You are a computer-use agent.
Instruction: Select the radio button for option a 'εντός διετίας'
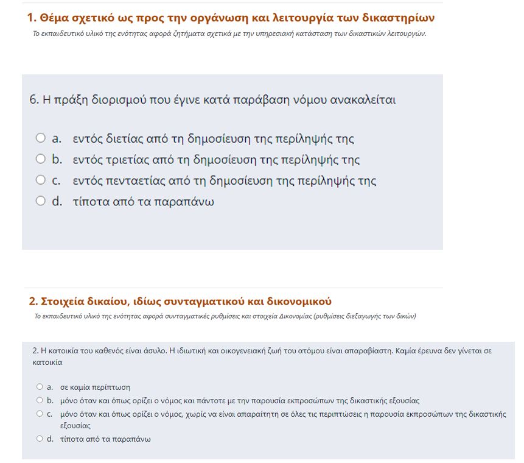tap(41, 138)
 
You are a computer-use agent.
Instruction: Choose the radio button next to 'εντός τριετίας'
tap(41, 159)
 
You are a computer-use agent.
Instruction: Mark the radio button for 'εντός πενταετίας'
tap(41, 180)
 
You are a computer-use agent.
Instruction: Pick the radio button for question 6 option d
tap(41, 200)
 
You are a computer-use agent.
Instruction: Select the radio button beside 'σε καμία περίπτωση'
tap(40, 387)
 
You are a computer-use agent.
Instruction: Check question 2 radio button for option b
tap(40, 400)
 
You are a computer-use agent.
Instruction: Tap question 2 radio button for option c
tap(40, 414)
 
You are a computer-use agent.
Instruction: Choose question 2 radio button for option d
tap(40, 439)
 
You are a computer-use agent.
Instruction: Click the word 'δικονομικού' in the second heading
tap(298, 302)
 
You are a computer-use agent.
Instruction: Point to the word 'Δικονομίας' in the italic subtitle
tap(298, 316)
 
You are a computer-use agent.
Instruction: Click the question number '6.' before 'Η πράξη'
tap(34, 99)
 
